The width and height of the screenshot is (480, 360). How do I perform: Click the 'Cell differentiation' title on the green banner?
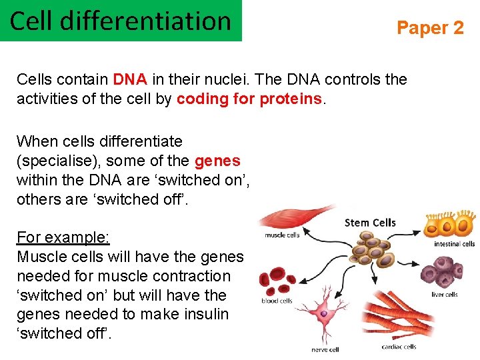[x=120, y=21]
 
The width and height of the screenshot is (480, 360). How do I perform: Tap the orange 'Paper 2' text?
[x=430, y=27]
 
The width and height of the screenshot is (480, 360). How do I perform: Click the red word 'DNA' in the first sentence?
[x=129, y=79]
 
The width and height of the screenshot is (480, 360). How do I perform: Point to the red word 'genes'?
[x=217, y=161]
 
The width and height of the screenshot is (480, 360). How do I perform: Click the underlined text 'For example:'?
[x=63, y=237]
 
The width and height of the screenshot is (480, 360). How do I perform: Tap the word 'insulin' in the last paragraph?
[x=204, y=314]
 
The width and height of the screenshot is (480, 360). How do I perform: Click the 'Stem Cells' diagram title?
[x=369, y=222]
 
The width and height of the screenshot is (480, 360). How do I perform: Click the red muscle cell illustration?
[x=293, y=217]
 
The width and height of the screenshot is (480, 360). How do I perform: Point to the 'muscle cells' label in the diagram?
[x=283, y=235]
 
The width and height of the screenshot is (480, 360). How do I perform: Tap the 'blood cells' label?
[x=277, y=301]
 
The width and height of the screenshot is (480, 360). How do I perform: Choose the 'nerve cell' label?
[x=325, y=349]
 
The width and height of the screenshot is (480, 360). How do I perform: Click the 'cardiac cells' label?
[x=399, y=347]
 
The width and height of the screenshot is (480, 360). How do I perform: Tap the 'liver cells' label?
[x=444, y=294]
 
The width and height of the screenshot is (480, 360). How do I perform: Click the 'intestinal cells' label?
[x=454, y=244]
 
